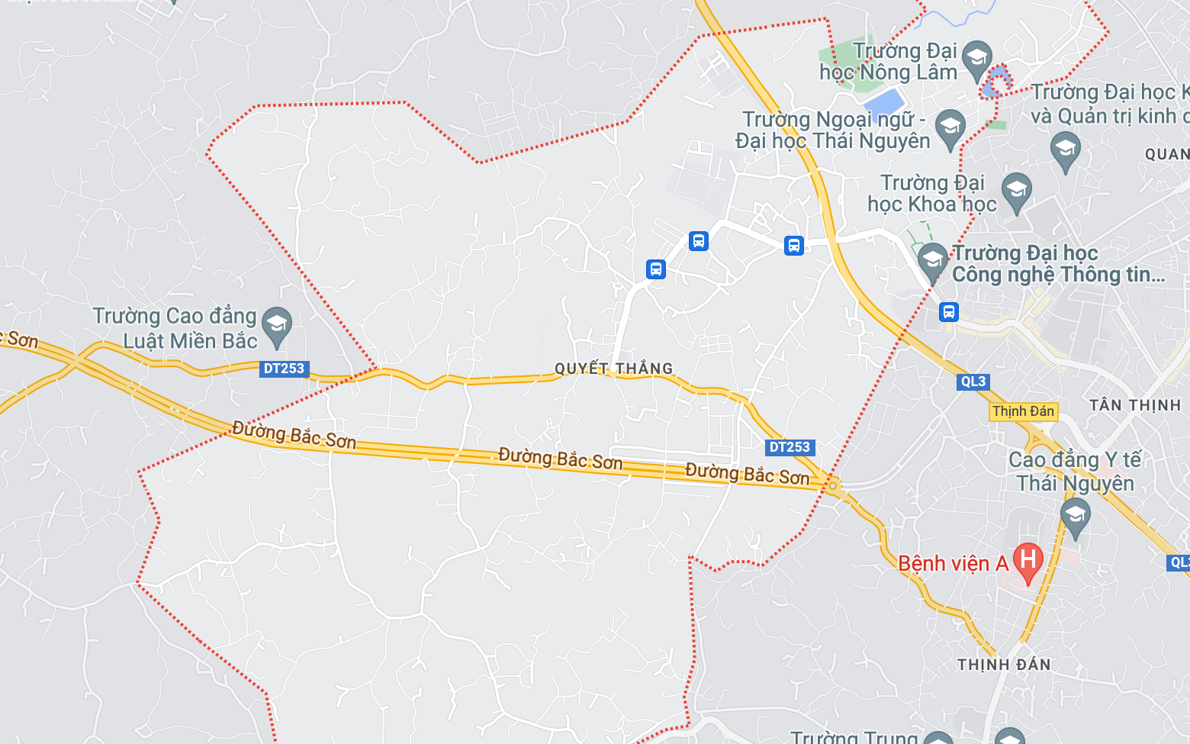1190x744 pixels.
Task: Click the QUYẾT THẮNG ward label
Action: (x=613, y=369)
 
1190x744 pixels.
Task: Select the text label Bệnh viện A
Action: (x=953, y=564)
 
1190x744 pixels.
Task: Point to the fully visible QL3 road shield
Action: (x=973, y=382)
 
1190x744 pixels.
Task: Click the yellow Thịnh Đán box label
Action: (x=1023, y=411)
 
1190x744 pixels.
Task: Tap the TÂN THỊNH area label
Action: (x=1135, y=405)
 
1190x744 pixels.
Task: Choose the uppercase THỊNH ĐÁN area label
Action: (x=1004, y=665)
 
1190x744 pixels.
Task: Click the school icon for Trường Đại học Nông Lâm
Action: (x=976, y=59)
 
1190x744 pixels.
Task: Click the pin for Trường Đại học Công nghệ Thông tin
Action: (x=932, y=261)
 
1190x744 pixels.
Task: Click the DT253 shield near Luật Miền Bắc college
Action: (x=284, y=369)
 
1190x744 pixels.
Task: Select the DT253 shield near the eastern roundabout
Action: (x=790, y=447)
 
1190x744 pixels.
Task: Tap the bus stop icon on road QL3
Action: (x=948, y=311)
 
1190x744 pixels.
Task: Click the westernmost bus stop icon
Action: (x=656, y=269)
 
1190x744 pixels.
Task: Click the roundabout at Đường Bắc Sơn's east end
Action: (x=833, y=485)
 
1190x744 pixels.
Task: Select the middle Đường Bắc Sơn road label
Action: (x=561, y=459)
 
